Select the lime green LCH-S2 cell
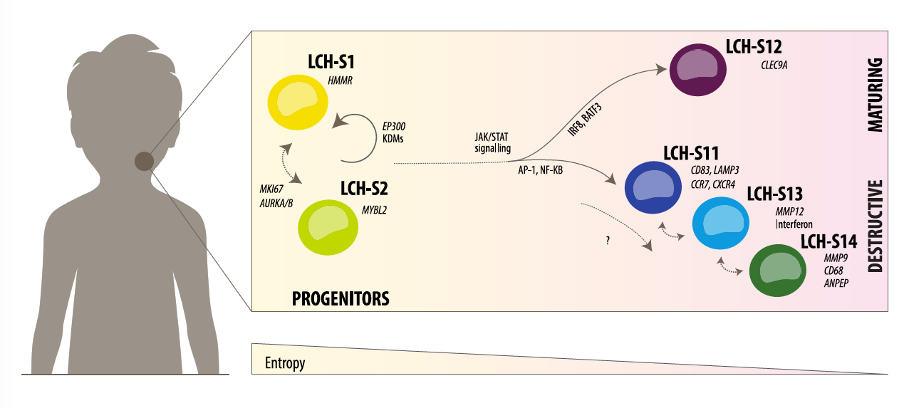click(x=328, y=227)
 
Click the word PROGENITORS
click(x=341, y=298)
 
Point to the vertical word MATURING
click(x=876, y=95)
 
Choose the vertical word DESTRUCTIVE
click(x=876, y=225)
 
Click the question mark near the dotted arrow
click(x=607, y=241)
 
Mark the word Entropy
click(x=285, y=363)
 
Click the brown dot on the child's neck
click(x=144, y=162)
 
